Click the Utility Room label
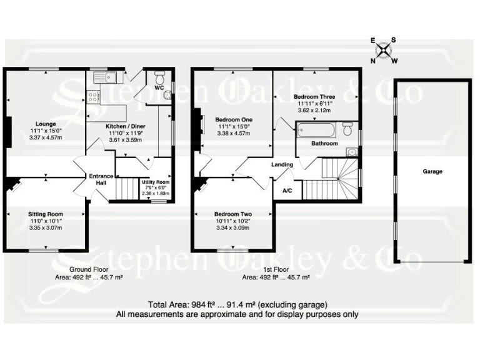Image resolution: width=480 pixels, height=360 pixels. click(x=155, y=182)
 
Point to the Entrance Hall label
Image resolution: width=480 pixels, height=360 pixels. click(x=97, y=179)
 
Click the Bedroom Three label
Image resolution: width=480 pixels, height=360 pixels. click(x=314, y=97)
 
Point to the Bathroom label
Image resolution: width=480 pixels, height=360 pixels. click(x=325, y=143)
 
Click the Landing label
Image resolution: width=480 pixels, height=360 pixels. click(x=282, y=164)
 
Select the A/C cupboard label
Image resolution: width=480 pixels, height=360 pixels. click(x=288, y=190)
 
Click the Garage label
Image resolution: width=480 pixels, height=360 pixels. click(x=432, y=171)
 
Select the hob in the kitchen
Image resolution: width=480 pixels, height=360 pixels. click(x=94, y=97)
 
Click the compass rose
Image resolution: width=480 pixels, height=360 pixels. click(x=383, y=50)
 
